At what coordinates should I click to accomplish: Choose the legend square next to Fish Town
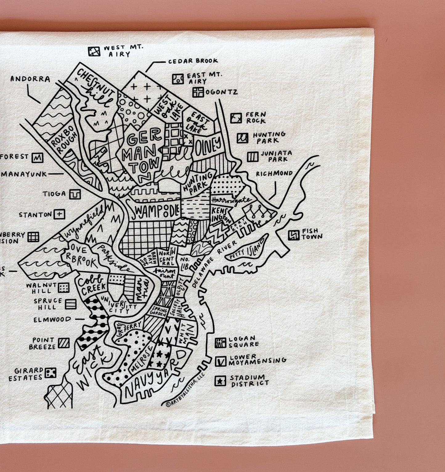coord(293,235)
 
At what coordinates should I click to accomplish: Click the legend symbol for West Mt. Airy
coord(94,51)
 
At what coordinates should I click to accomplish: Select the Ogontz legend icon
coord(198,92)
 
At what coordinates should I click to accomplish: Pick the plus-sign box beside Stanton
coord(59,214)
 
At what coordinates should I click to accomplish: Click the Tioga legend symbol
coord(75,194)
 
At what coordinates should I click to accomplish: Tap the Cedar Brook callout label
coord(193,61)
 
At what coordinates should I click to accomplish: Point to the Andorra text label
coord(30,79)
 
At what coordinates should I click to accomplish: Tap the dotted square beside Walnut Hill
coord(63,288)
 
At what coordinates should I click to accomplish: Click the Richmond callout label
coord(274,174)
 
